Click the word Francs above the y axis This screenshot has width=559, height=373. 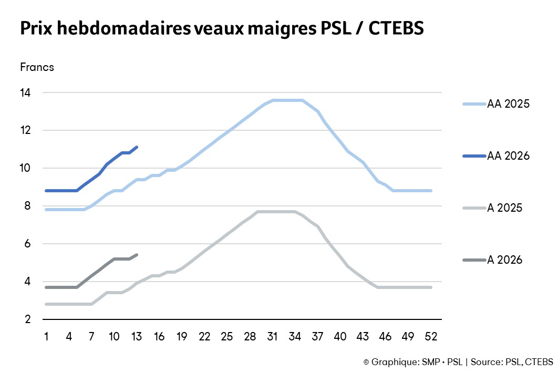pyautogui.click(x=37, y=67)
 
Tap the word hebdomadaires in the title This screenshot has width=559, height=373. pyautogui.click(x=117, y=29)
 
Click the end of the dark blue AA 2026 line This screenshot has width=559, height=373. pyautogui.click(x=137, y=147)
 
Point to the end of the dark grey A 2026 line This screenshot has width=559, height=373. pyautogui.click(x=137, y=255)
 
